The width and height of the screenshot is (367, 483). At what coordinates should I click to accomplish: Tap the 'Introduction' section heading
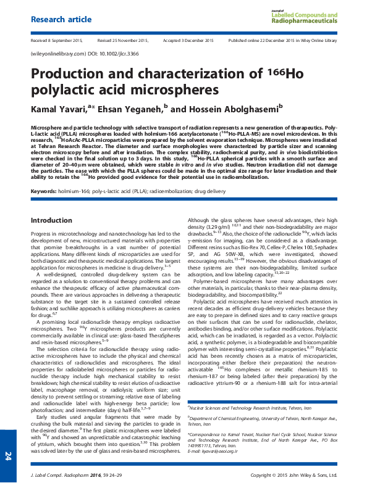[51, 220]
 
